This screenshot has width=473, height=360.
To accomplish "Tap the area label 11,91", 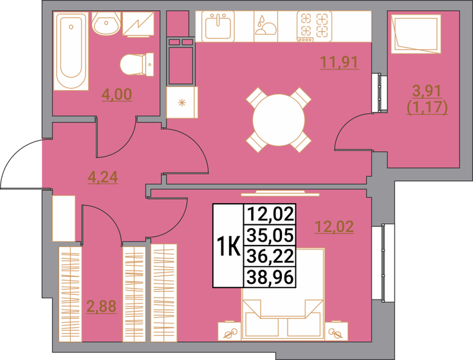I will (x=339, y=62).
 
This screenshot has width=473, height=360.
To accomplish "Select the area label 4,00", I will (x=116, y=95).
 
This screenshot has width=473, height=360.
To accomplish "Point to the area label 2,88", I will (x=101, y=306).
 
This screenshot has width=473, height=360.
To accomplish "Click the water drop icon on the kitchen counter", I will (x=263, y=26).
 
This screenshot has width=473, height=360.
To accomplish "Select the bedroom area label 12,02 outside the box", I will (x=333, y=226).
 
